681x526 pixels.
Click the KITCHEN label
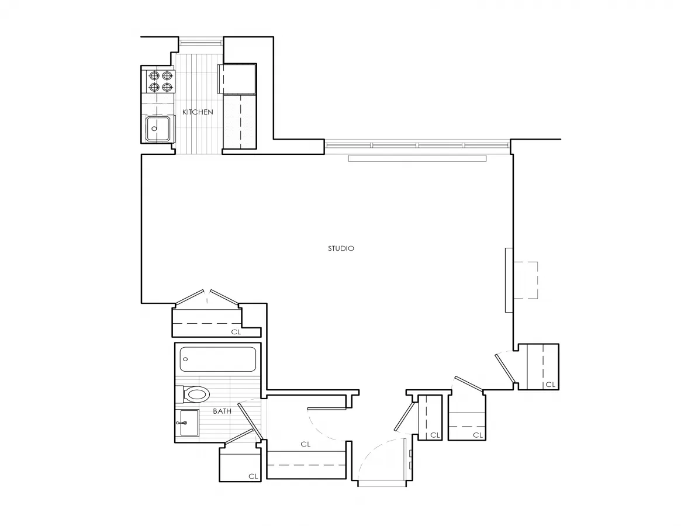(x=198, y=112)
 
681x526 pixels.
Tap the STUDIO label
(x=341, y=248)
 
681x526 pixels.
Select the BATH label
(x=222, y=411)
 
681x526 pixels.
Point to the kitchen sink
(x=158, y=129)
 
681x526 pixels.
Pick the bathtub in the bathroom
(x=218, y=359)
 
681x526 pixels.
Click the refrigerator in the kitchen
(x=237, y=79)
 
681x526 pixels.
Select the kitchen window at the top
(x=201, y=41)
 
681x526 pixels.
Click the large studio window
(x=417, y=144)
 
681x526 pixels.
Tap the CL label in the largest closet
(x=305, y=444)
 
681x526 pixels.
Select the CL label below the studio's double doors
(x=236, y=332)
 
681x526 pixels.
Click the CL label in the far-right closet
(x=549, y=385)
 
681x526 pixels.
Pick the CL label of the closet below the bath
(x=253, y=476)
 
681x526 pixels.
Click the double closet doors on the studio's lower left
(x=208, y=297)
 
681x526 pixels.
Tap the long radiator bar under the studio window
(x=417, y=158)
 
